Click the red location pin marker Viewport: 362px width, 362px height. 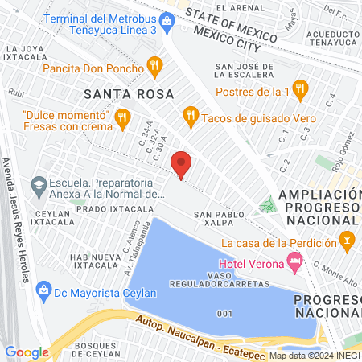(x=182, y=163)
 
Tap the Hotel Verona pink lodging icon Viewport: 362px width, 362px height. (x=294, y=261)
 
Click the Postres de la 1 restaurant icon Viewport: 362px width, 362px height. (x=301, y=88)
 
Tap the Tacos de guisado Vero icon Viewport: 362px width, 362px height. (x=190, y=115)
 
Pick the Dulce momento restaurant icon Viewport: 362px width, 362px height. (x=122, y=119)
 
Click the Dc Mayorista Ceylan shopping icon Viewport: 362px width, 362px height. (x=44, y=290)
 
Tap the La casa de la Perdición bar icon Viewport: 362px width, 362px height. (x=347, y=239)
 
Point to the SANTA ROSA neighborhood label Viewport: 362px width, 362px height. (x=128, y=94)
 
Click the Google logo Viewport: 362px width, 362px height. (x=27, y=352)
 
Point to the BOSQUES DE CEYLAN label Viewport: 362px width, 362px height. (x=100, y=350)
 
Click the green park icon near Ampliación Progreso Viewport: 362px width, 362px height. (x=268, y=206)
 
